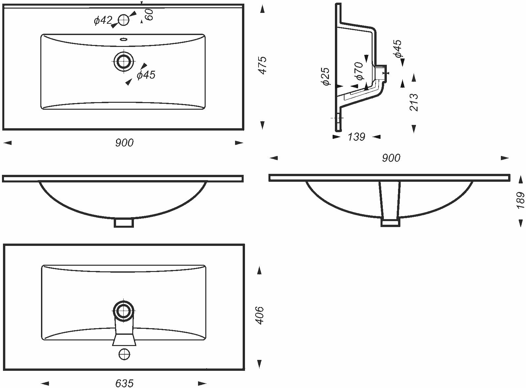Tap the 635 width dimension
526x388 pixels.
pyautogui.click(x=125, y=383)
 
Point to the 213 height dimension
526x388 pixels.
pyautogui.click(x=414, y=102)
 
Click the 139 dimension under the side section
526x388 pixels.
pyautogui.click(x=356, y=136)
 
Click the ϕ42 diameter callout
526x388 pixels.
pyautogui.click(x=103, y=20)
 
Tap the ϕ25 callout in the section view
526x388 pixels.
pyautogui.click(x=326, y=76)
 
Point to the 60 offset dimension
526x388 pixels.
pyautogui.click(x=149, y=15)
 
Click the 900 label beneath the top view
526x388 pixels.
pyautogui.click(x=124, y=143)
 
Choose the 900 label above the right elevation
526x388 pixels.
pyautogui.click(x=391, y=158)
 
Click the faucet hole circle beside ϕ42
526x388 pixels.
pyautogui.click(x=124, y=20)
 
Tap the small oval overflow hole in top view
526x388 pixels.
pyautogui.click(x=124, y=39)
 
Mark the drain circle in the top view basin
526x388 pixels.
pyautogui.click(x=124, y=61)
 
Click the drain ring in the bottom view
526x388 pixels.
pyautogui.click(x=124, y=310)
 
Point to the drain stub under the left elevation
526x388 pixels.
pyautogui.click(x=124, y=222)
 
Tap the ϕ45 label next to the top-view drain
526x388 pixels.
pyautogui.click(x=146, y=75)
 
